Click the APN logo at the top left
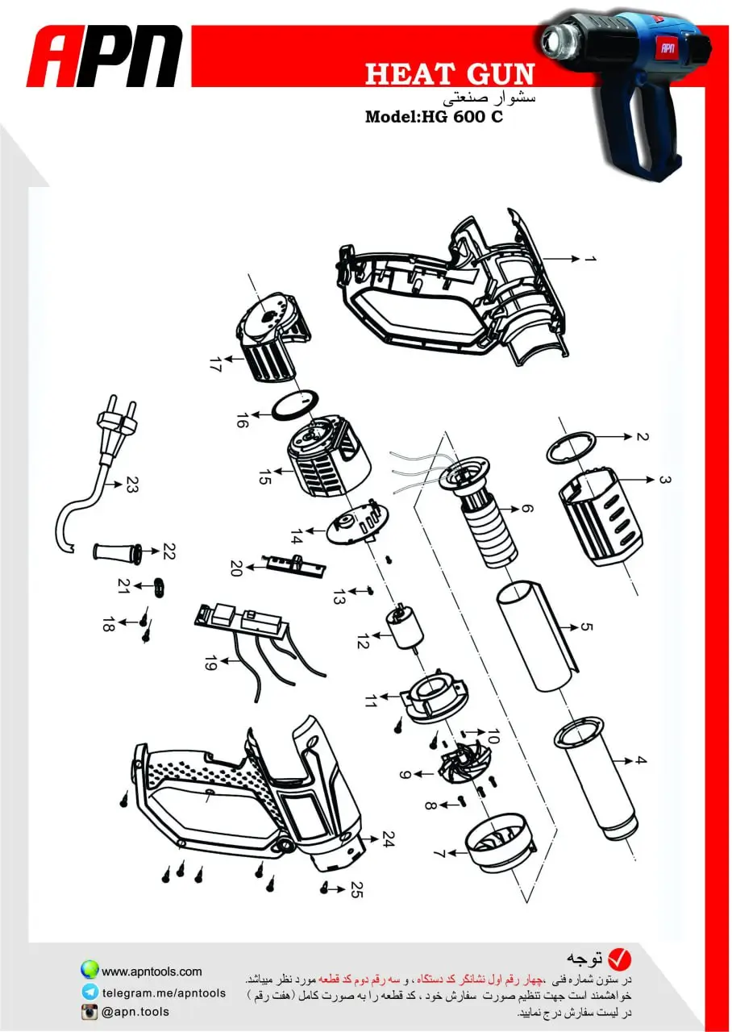[105, 56]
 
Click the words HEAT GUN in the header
[450, 74]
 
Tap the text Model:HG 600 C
[434, 117]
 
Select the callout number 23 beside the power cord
[131, 485]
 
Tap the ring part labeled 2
[572, 447]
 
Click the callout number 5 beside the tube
[586, 627]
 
